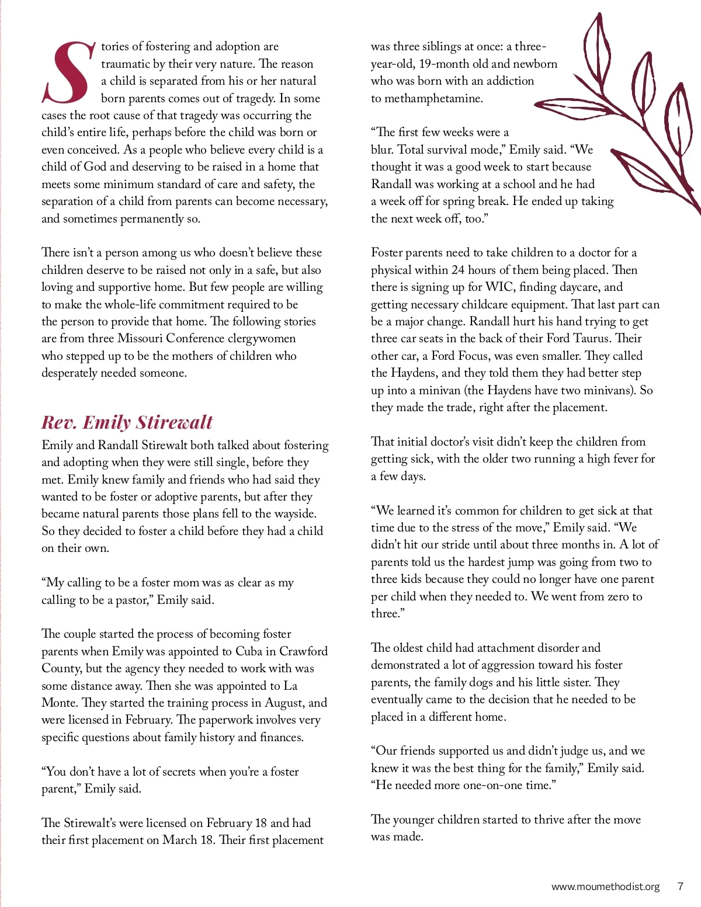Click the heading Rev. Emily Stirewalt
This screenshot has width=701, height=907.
[127, 422]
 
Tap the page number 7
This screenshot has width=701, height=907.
[680, 887]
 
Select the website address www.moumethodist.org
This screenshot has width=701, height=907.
[605, 887]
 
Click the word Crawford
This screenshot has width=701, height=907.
[303, 651]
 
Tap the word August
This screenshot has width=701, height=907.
[285, 703]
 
